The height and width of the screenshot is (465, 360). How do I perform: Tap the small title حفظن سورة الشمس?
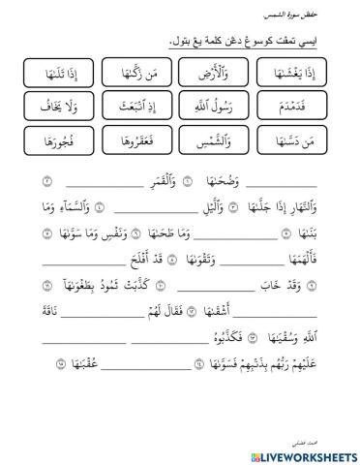pyautogui.click(x=307, y=16)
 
